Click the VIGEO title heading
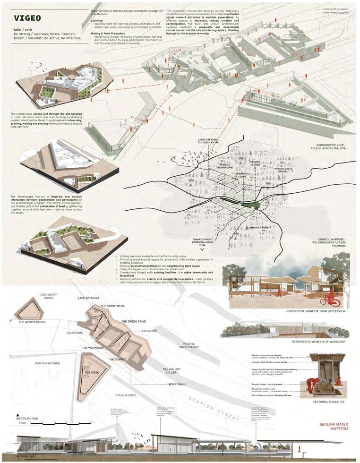pos(27,18)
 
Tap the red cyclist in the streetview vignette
pos(330,298)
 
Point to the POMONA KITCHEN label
pos(48,363)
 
